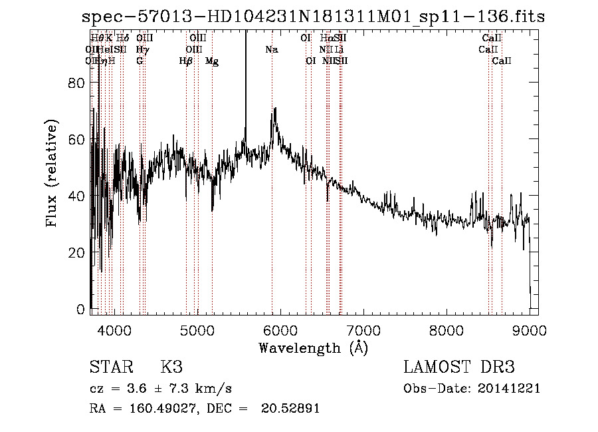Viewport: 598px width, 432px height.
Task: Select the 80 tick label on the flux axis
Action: pyautogui.click(x=78, y=83)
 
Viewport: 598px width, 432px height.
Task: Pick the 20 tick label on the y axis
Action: pyautogui.click(x=78, y=253)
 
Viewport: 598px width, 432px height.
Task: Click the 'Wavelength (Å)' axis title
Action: pyautogui.click(x=313, y=348)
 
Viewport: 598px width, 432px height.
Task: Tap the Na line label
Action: pyautogui.click(x=271, y=49)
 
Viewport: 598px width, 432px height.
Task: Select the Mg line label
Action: pyautogui.click(x=212, y=61)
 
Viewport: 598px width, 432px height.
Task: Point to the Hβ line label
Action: pyautogui.click(x=186, y=61)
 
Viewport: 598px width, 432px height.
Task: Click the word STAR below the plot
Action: pyautogui.click(x=110, y=367)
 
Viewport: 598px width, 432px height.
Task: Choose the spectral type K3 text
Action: pyautogui.click(x=171, y=367)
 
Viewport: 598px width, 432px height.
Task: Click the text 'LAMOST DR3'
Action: pyautogui.click(x=458, y=367)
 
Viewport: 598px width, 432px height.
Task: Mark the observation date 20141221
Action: pyautogui.click(x=509, y=389)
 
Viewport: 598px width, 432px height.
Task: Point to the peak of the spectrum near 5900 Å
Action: pyautogui.click(x=274, y=108)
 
